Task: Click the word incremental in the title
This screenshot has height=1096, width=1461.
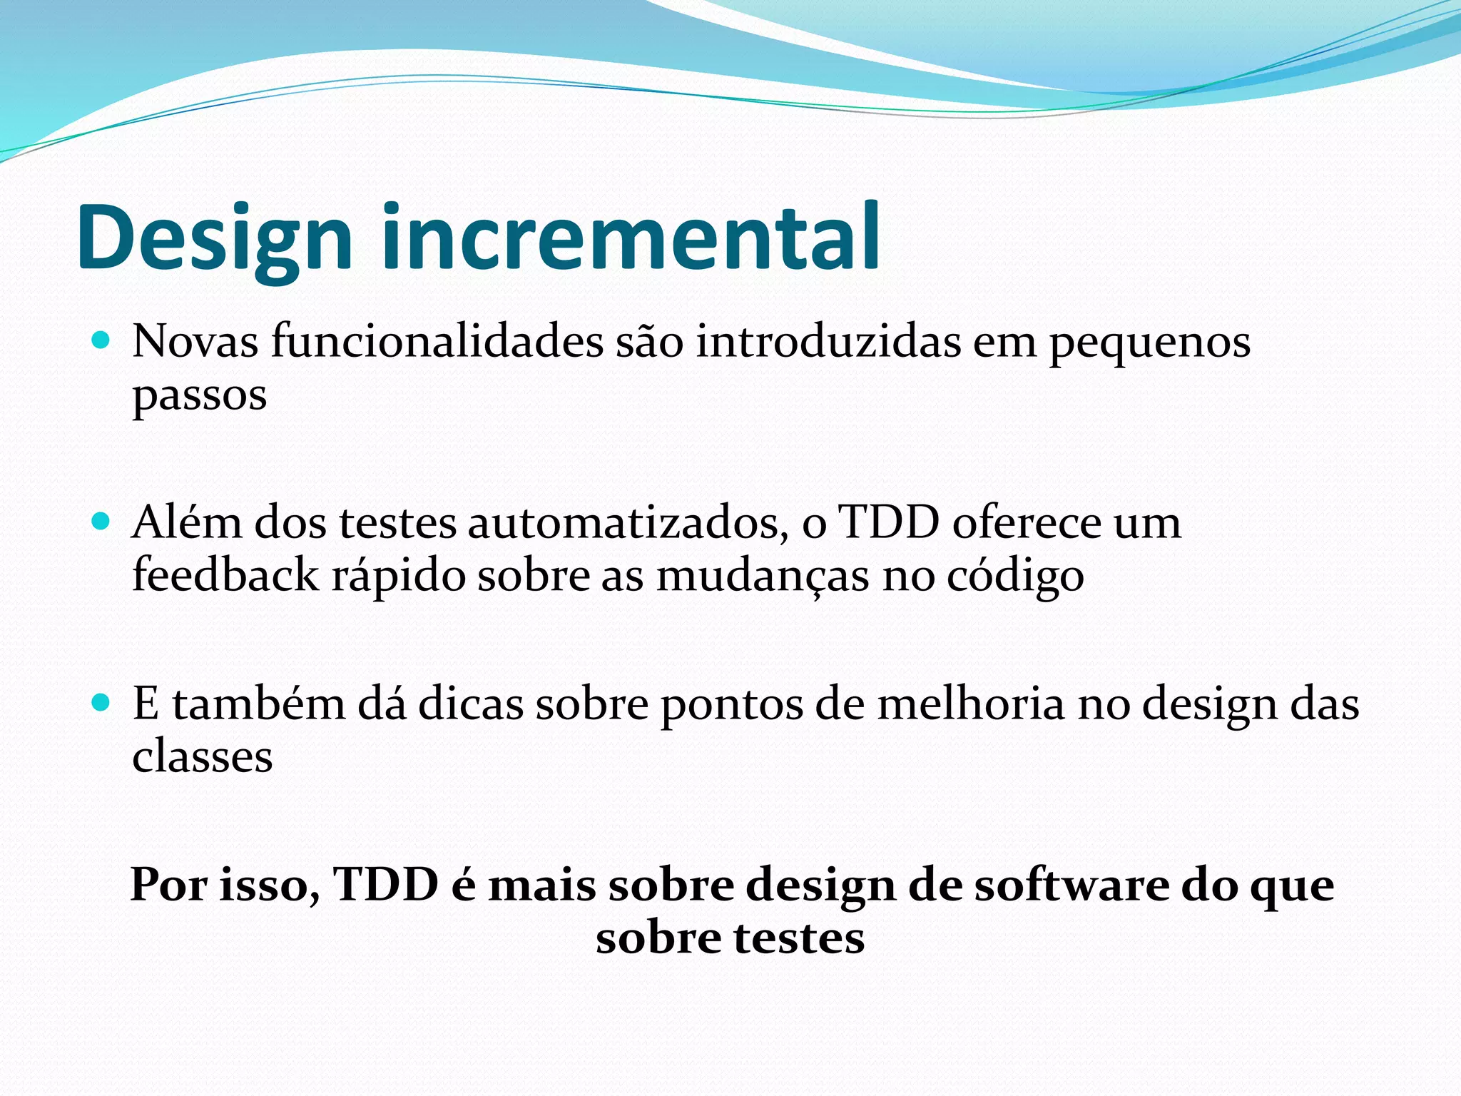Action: click(x=631, y=237)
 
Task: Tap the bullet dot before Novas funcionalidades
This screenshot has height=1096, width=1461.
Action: click(x=101, y=340)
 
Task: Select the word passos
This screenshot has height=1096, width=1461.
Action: click(x=200, y=397)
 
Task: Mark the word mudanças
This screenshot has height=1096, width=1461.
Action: click(x=763, y=577)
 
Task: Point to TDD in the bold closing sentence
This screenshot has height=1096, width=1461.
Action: click(x=386, y=885)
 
